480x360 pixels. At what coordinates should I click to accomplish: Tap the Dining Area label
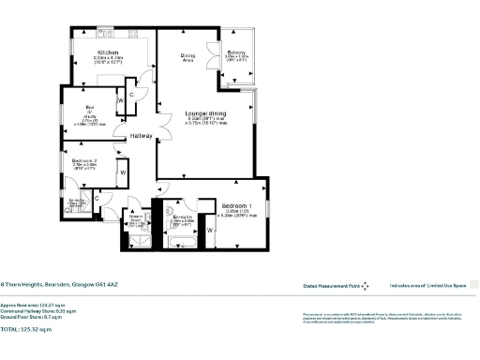[187, 58]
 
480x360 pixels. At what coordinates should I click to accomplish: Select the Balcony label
[235, 52]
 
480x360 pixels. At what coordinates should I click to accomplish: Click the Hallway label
[142, 136]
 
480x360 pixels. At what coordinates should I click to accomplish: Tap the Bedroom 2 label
[85, 161]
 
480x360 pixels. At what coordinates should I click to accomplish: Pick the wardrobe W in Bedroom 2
[122, 172]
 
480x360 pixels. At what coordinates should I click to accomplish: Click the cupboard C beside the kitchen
[132, 95]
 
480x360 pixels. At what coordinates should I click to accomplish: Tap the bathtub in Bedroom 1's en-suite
[180, 241]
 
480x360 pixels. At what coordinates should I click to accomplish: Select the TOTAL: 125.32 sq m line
[28, 331]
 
